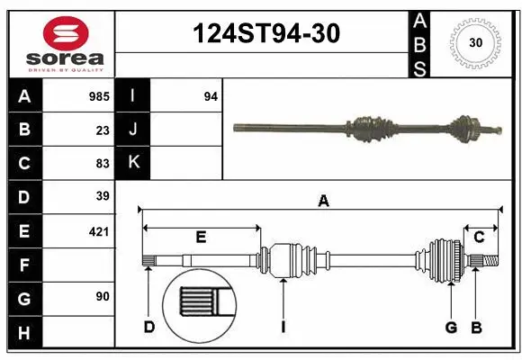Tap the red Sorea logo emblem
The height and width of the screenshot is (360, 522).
65,33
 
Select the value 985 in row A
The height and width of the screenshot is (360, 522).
99,96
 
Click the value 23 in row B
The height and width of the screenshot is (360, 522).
103,130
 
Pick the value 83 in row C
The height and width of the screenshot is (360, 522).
103,163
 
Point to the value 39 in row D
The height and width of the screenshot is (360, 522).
103,196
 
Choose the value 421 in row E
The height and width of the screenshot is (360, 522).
99,231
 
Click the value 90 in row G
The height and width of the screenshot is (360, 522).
103,296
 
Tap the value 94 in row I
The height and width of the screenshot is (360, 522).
211,96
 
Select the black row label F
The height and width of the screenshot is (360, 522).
24,265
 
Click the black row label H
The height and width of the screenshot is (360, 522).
24,333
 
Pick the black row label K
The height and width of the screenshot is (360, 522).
134,163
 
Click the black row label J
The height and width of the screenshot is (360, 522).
134,130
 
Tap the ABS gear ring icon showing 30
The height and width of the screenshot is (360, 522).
473,43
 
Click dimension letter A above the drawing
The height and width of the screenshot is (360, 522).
323,202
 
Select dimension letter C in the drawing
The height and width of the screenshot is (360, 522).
479,237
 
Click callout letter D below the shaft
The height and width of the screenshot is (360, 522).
148,327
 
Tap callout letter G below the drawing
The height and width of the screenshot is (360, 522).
452,327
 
